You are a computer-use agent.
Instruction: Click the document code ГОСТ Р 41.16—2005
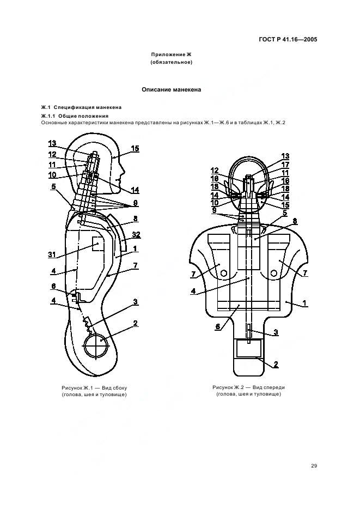click(288, 40)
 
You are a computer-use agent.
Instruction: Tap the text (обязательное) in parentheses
click(172, 62)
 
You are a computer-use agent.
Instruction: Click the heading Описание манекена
click(172, 90)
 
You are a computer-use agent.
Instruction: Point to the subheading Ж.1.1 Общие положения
click(75, 116)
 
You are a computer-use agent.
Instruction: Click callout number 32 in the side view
click(136, 235)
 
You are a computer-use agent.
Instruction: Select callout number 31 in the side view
click(52, 254)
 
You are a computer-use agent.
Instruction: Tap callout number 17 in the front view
click(285, 165)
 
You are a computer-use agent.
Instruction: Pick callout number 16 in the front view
click(285, 181)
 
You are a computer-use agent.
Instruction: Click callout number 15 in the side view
click(135, 149)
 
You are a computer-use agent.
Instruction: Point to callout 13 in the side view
click(52, 143)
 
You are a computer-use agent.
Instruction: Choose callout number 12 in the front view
click(215, 171)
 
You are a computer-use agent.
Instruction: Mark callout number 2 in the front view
click(276, 365)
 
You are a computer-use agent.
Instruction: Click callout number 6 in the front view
click(218, 326)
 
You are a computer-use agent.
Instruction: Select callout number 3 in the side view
click(136, 302)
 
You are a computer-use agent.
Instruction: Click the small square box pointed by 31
click(98, 244)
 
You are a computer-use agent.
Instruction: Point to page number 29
click(314, 466)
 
